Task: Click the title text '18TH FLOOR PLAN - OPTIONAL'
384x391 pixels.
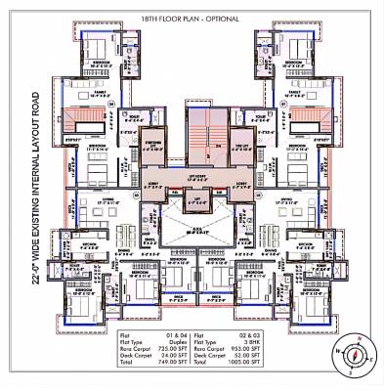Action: pos(192,20)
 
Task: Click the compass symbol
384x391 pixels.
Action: pos(353,354)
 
